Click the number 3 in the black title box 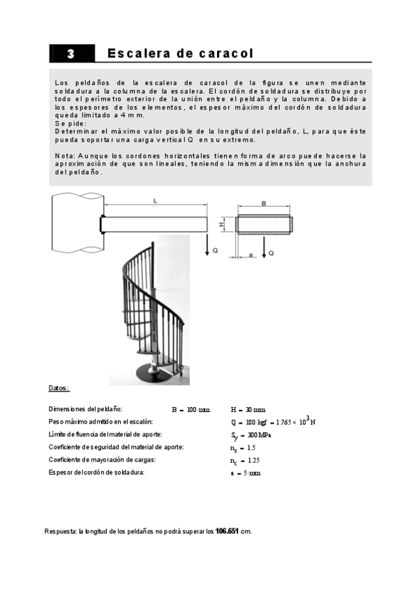(x=70, y=54)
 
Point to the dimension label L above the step (x=154, y=201)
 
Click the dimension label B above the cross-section (x=263, y=204)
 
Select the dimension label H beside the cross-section (x=221, y=225)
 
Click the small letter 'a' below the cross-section (x=250, y=256)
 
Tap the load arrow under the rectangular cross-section (x=264, y=246)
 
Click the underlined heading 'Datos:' (x=59, y=388)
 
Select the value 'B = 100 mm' (x=191, y=410)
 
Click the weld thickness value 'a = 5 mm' (x=245, y=473)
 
